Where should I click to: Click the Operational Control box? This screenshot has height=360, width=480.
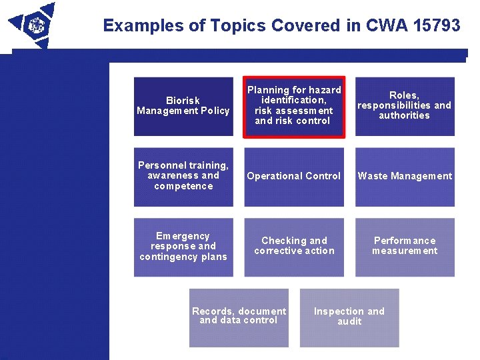click(x=294, y=177)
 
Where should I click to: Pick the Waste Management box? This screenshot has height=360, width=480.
click(x=405, y=177)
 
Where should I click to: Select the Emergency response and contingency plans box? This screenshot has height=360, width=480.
click(x=183, y=247)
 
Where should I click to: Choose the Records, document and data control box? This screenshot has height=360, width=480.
click(x=239, y=317)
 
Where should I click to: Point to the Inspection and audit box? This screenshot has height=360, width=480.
click(x=349, y=317)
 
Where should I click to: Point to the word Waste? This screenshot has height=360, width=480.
click(x=372, y=176)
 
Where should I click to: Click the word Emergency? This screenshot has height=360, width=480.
click(x=183, y=236)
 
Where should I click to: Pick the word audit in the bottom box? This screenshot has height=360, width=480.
click(x=349, y=321)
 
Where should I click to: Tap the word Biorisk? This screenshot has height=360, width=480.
click(x=183, y=101)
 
